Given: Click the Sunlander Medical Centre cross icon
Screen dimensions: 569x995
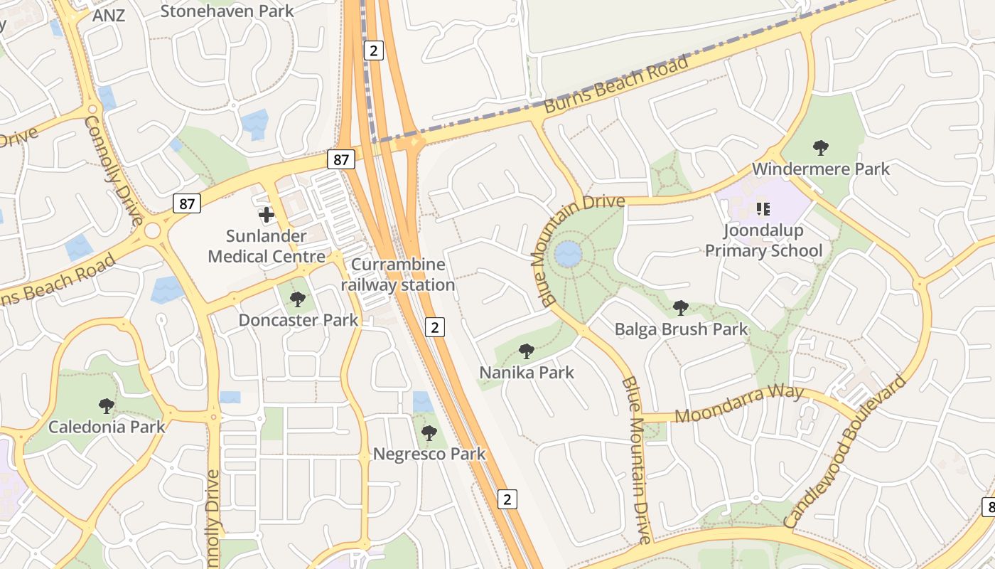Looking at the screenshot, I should [267, 214].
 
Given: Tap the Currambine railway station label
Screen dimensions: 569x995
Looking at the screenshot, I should [398, 275].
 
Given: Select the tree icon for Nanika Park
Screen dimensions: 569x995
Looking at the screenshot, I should [526, 351].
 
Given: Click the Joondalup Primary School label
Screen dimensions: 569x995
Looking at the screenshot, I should [763, 240].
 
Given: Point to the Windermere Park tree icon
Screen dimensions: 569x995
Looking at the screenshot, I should [821, 148].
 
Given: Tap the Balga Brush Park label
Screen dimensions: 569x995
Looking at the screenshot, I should [681, 329].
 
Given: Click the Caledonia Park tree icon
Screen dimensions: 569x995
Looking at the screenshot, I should [107, 406].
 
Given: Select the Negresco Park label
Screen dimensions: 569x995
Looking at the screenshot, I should [429, 454].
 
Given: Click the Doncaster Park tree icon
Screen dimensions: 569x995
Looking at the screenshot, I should [298, 299].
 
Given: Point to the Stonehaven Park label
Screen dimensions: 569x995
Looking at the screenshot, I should [227, 11].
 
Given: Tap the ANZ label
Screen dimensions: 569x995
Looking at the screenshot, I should [109, 15].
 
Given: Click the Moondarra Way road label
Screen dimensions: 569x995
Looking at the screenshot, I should [739, 403].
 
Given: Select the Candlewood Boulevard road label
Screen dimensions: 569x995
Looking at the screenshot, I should [846, 452].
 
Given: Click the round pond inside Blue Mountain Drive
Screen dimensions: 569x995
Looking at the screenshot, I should [568, 254].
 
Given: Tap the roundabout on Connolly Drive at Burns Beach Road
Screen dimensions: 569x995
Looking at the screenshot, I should [152, 231].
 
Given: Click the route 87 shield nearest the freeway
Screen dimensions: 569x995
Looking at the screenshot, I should [341, 159].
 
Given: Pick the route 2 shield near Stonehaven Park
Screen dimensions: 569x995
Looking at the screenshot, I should [374, 50].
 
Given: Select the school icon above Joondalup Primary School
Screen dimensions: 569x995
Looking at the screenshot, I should [763, 208].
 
